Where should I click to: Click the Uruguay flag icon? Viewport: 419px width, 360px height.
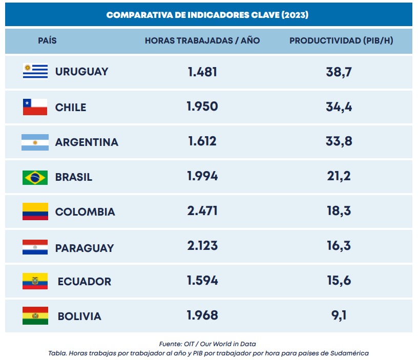tap(35, 71)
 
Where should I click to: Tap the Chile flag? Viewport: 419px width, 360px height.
tap(35, 107)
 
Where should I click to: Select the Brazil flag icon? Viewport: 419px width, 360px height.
tap(35, 177)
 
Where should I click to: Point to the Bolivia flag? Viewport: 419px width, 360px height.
tap(35, 315)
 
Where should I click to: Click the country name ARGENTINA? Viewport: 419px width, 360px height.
tap(87, 142)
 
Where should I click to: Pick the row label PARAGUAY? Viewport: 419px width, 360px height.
tap(85, 248)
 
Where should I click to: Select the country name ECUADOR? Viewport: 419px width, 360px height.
tap(85, 281)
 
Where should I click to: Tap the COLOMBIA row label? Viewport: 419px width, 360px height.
tap(85, 212)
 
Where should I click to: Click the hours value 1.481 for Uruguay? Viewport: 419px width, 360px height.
tap(202, 72)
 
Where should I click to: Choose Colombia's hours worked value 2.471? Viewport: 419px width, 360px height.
tap(202, 211)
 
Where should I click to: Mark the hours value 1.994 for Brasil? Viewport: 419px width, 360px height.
tap(202, 176)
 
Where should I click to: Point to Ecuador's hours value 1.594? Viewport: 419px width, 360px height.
tap(202, 280)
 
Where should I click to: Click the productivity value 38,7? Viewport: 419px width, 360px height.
tap(339, 72)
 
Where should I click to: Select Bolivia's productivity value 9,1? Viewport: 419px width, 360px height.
tap(339, 315)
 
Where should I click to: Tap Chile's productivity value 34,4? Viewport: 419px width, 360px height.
tap(339, 107)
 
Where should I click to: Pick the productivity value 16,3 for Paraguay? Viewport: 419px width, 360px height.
tap(339, 246)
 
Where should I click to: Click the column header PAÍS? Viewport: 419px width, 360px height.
tap(47, 40)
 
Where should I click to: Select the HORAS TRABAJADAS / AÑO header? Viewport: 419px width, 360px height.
tap(202, 40)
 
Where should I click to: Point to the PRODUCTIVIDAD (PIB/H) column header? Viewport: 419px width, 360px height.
tap(341, 40)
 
